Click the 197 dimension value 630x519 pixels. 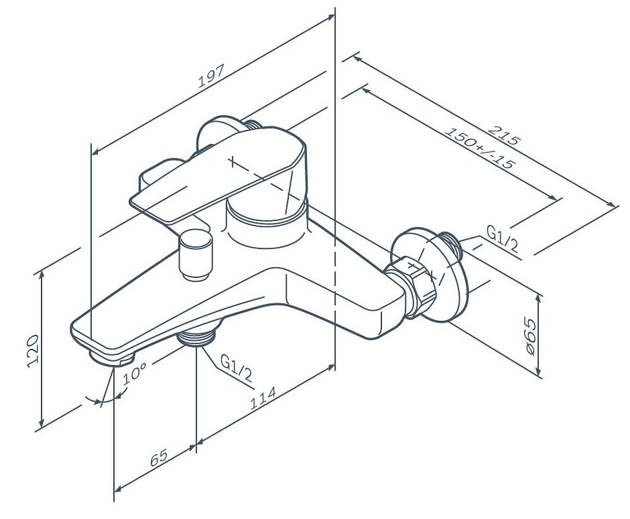211,76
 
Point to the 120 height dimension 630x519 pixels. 33,351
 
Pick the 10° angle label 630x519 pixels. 135,374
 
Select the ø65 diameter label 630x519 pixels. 530,336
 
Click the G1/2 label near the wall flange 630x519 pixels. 502,239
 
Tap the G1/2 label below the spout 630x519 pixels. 236,368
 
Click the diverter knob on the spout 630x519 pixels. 195,255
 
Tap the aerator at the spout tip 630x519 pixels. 112,358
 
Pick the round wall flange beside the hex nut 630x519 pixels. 430,275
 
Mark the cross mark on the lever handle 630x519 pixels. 232,161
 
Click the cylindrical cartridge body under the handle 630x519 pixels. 267,224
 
